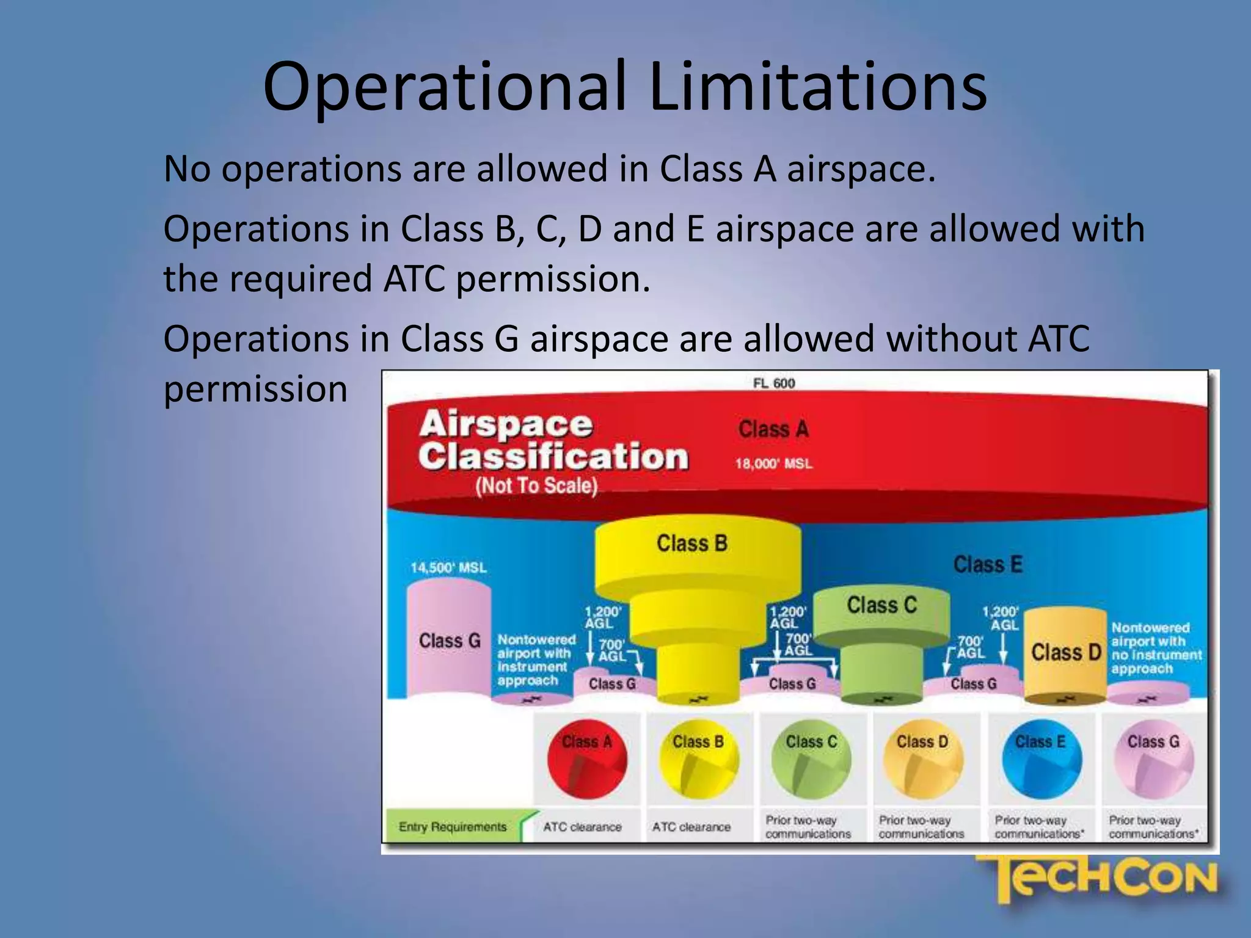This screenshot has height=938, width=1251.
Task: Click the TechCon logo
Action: (x=1100, y=879)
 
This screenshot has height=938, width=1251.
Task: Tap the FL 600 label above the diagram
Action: (x=774, y=383)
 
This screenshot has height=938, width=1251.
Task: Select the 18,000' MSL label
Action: (x=774, y=464)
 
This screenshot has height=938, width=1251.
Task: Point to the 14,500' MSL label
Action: (x=448, y=567)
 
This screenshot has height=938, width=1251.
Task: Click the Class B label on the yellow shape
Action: (x=692, y=543)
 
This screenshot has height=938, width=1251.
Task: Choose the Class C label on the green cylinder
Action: (x=881, y=605)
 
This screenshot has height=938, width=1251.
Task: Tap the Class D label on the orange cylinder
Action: (x=1066, y=652)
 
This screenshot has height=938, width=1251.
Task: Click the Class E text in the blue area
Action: (x=987, y=564)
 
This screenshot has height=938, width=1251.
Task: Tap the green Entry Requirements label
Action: (x=453, y=827)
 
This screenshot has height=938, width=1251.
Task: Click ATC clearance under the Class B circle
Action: (x=691, y=827)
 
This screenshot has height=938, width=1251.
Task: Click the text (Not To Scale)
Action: (x=536, y=486)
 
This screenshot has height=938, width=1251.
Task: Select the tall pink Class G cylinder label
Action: (x=450, y=641)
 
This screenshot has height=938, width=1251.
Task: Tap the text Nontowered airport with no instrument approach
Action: (x=1156, y=648)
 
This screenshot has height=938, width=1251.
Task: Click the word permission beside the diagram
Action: (x=255, y=389)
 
